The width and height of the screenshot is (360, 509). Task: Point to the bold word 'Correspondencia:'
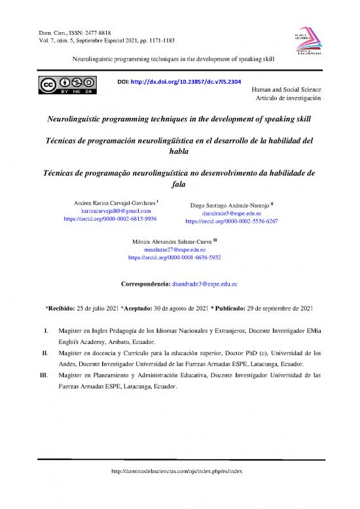tap(146, 285)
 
